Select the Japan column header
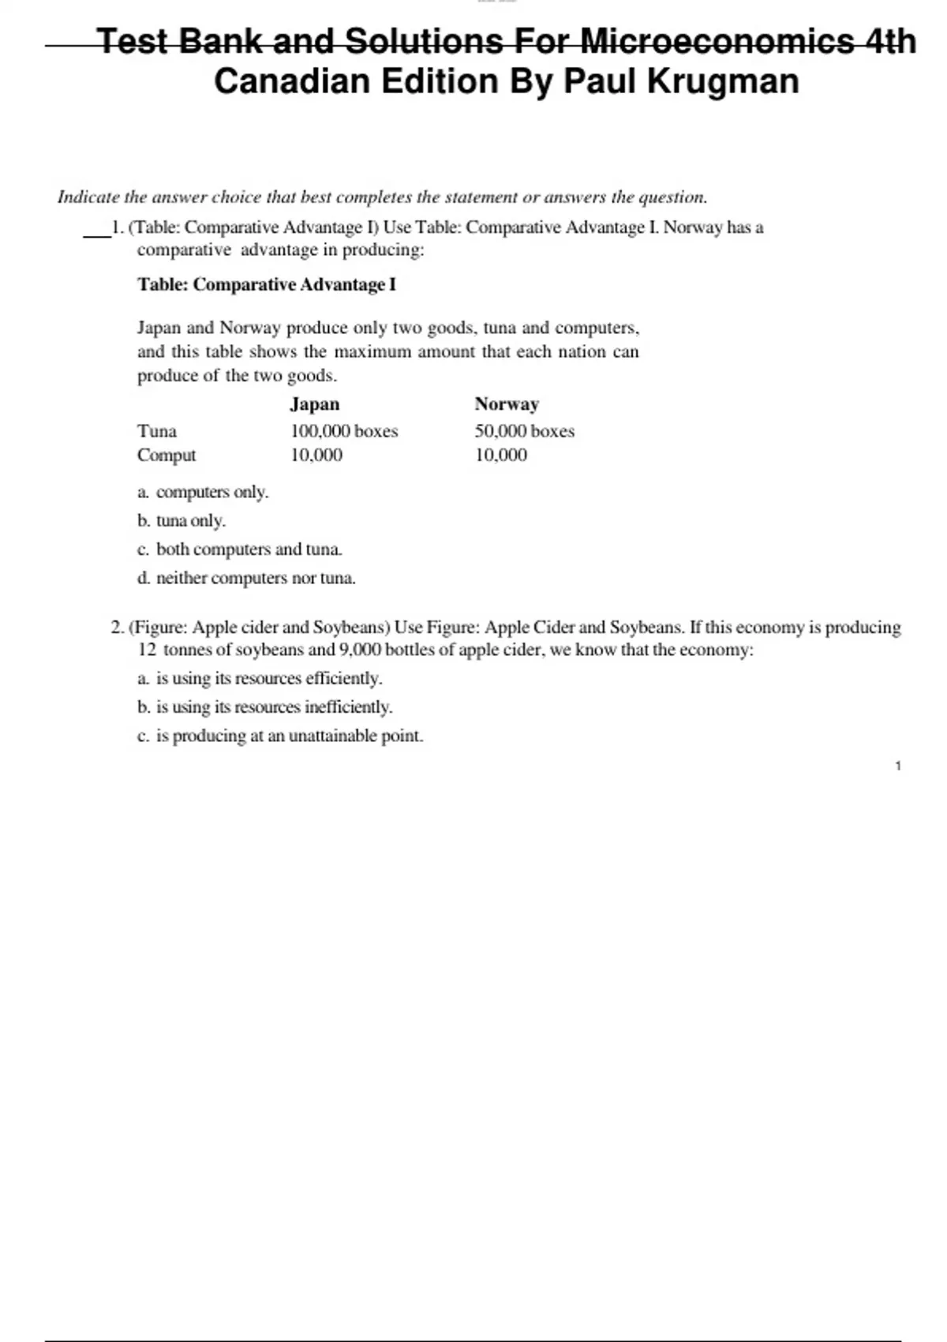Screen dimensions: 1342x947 (314, 404)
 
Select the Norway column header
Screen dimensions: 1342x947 (507, 404)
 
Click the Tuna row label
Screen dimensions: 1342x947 (157, 431)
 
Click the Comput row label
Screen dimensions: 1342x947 (167, 455)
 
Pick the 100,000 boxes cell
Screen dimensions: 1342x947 (344, 431)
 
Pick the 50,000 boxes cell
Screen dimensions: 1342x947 (524, 431)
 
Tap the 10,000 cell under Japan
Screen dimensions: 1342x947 (316, 455)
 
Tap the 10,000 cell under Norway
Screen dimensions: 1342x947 (500, 455)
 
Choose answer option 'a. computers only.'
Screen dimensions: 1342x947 (203, 492)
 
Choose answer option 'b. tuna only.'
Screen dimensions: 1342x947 (182, 521)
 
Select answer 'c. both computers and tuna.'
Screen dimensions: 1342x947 (240, 549)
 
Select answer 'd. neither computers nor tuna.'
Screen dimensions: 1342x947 (246, 578)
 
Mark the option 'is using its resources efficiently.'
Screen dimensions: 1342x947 (260, 678)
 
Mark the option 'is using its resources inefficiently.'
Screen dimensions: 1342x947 (264, 707)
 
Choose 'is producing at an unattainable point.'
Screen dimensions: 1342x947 (280, 736)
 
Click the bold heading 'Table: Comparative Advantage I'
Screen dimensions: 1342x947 (267, 284)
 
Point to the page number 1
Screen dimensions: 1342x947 (898, 766)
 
